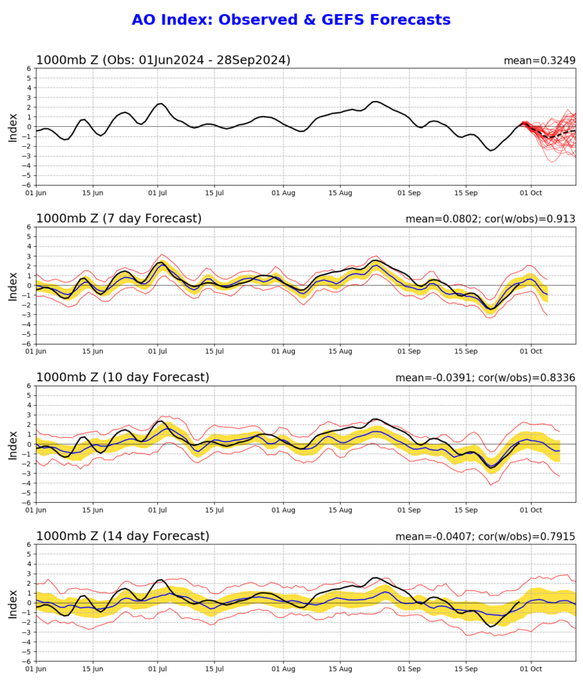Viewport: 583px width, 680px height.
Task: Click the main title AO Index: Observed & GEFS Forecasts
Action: (291, 19)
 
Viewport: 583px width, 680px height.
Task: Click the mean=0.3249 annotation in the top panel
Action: (540, 60)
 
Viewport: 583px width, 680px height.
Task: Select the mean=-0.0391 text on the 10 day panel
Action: (434, 378)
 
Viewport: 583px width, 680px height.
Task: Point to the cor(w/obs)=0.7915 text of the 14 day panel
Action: (527, 537)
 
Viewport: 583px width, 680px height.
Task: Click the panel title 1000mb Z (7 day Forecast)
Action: (119, 218)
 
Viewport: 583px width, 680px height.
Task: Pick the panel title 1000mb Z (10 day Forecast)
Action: (123, 377)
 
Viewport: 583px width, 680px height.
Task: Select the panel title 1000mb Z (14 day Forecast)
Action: (123, 536)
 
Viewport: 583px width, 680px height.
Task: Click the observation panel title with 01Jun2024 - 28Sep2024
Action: (163, 60)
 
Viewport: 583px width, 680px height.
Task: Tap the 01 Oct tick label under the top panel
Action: (531, 193)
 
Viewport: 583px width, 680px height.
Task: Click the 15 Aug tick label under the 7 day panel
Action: (340, 352)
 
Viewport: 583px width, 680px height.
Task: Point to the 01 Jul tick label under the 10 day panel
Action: (157, 511)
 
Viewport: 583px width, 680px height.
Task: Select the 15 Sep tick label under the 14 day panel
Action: (466, 669)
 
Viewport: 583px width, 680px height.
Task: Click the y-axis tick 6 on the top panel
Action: (29, 68)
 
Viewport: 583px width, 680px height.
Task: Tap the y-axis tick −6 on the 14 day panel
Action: (27, 661)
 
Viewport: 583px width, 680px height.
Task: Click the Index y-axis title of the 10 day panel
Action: (13, 446)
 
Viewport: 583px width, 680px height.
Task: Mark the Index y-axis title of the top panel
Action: (13, 128)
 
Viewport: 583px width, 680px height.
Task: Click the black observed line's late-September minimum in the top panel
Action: (491, 150)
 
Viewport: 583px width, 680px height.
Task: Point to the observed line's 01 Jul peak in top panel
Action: (160, 104)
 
